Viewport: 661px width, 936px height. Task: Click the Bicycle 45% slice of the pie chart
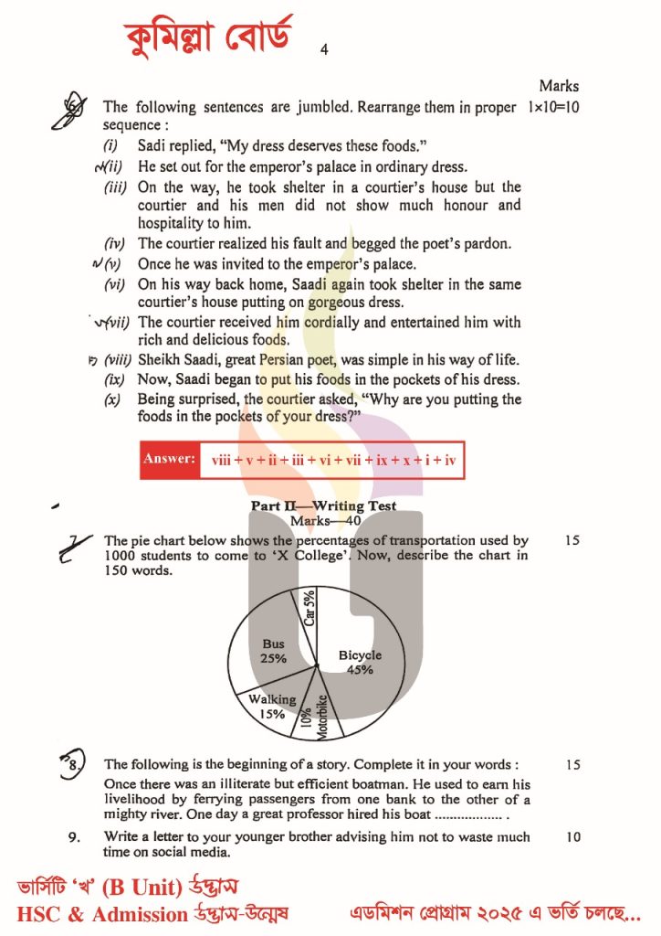click(360, 662)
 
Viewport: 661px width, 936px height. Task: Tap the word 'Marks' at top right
click(558, 86)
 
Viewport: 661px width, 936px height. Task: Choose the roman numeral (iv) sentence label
click(119, 244)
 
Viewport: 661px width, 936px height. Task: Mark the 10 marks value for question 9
click(572, 836)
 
